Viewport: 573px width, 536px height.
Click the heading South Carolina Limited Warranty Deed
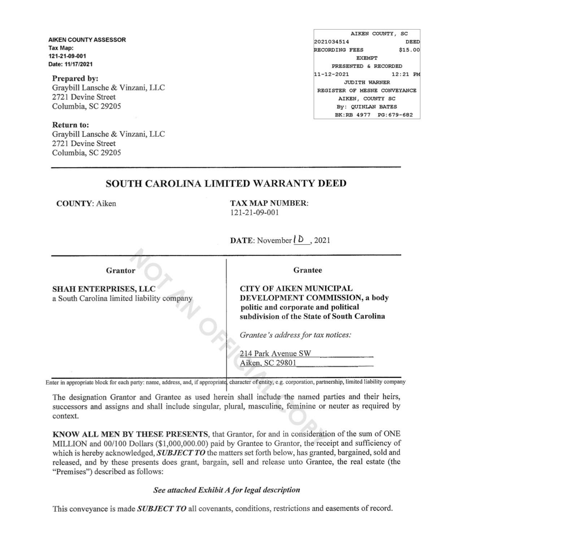(226, 183)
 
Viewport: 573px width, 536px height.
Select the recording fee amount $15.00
(409, 50)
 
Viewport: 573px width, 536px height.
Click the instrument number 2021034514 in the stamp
(331, 42)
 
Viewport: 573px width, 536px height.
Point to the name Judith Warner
(366, 82)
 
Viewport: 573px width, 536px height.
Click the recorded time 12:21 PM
(405, 74)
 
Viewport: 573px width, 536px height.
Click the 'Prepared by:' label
(75, 78)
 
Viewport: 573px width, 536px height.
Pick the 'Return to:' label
(70, 125)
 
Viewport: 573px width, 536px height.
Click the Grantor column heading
(121, 270)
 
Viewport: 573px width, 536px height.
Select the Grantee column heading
(307, 270)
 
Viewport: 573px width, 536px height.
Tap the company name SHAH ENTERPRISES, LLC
(104, 289)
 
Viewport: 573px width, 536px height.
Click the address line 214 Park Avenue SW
(275, 353)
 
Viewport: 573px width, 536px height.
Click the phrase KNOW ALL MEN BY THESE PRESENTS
(130, 434)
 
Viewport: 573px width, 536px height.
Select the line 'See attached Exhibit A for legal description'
(226, 490)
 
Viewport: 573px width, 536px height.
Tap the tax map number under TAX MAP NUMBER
(254, 213)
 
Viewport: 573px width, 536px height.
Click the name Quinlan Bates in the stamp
(374, 107)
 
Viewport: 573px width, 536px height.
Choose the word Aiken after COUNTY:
(106, 203)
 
